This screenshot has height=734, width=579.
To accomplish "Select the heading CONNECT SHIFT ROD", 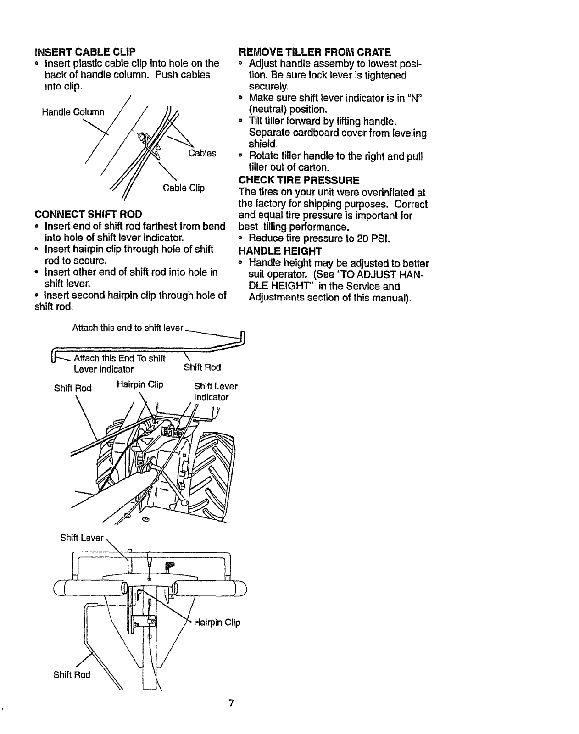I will click(89, 215).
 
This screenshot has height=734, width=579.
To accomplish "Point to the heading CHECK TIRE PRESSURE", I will click(299, 179).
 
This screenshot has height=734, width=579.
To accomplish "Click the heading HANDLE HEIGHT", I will click(280, 251).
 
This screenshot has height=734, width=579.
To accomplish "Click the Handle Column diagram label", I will click(73, 112).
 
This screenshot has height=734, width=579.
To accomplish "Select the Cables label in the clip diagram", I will click(202, 153).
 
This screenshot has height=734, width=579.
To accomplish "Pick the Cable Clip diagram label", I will click(184, 188).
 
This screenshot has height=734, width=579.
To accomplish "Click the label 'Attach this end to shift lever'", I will click(128, 328).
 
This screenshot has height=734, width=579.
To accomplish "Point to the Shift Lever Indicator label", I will click(215, 391).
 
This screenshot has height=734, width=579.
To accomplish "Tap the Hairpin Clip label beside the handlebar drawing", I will click(217, 623).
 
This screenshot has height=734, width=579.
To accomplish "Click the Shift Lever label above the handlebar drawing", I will click(82, 538).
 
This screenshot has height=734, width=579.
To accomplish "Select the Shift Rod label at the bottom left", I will click(72, 674).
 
